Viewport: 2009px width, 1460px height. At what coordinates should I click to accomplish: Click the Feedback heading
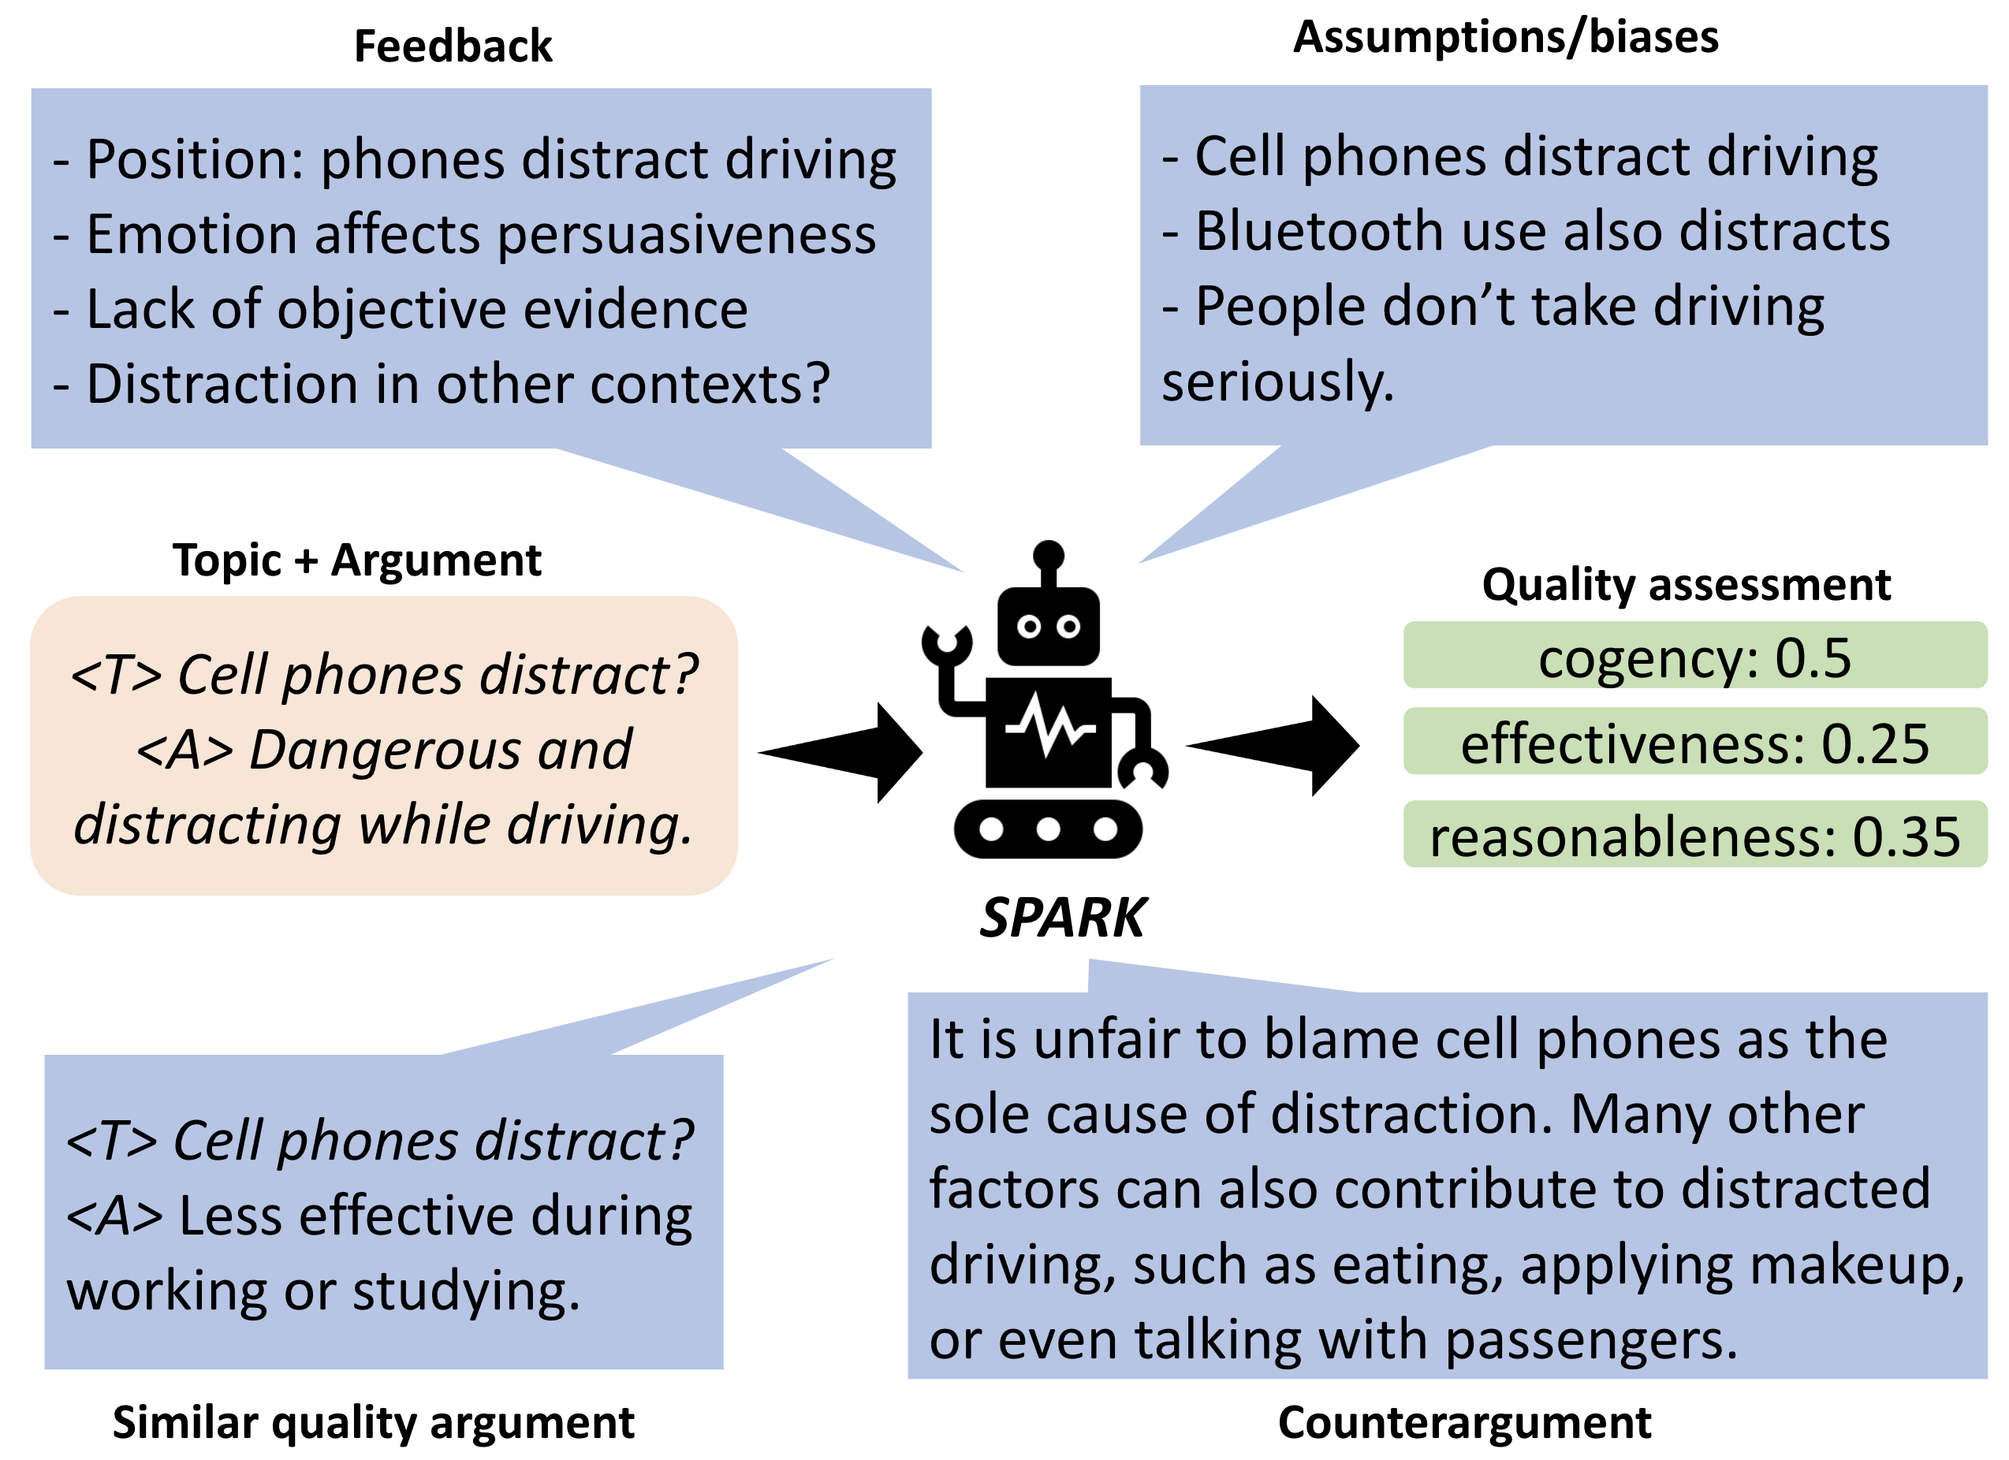point(453,46)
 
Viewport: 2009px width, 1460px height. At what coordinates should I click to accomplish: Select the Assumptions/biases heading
point(1506,37)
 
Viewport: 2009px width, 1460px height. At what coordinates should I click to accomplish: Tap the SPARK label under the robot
point(1062,918)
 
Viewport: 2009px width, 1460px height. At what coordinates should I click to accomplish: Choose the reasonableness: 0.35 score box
point(1694,836)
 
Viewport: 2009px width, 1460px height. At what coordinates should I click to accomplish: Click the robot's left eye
point(1028,627)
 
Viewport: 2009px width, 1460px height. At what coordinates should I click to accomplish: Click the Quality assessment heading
point(1686,585)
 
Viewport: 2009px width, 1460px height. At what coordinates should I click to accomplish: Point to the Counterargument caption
point(1464,1424)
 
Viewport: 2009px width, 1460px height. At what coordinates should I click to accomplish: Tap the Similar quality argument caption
point(373,1424)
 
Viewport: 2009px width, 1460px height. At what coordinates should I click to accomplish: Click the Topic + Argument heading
point(356,560)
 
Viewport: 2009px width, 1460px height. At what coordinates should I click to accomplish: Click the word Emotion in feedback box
point(192,235)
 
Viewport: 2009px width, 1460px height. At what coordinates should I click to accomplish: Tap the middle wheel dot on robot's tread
point(1048,829)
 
